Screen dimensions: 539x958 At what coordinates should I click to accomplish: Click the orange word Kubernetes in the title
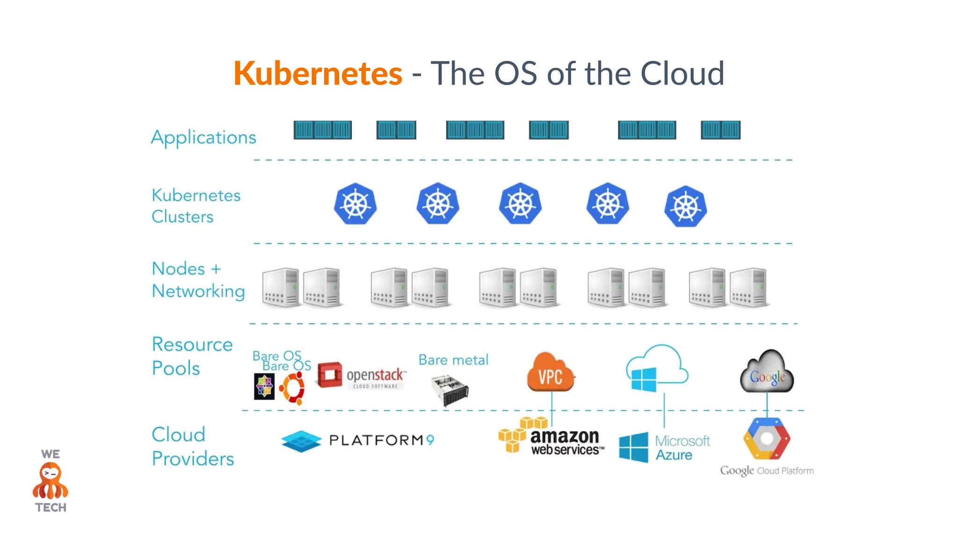click(318, 73)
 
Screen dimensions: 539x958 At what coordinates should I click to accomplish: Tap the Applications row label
click(203, 138)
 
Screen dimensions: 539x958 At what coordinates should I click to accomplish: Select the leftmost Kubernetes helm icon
click(356, 204)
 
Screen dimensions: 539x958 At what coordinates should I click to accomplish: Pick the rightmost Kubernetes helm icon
click(685, 207)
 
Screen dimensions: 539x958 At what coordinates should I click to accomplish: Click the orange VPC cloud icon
click(550, 373)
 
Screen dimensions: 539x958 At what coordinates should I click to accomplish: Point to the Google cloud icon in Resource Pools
click(767, 372)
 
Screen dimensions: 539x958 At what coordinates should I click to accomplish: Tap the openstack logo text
click(375, 376)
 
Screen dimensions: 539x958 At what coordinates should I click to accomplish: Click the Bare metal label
click(453, 360)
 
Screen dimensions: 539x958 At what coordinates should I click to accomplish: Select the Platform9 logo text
click(382, 440)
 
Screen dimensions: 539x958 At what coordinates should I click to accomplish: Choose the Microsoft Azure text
click(682, 448)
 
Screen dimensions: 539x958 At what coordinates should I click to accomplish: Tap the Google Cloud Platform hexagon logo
click(767, 439)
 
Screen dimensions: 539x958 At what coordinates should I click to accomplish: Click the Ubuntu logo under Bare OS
click(292, 388)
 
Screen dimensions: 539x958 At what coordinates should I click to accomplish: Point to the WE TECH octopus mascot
click(51, 481)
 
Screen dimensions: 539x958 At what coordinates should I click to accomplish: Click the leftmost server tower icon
click(281, 287)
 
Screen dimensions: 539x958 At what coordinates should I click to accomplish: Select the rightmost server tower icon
click(748, 287)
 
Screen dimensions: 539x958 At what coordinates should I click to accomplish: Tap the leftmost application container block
click(322, 130)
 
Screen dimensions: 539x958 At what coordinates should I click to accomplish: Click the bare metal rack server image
click(450, 390)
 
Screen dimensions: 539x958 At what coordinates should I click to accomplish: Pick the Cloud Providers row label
click(193, 447)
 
